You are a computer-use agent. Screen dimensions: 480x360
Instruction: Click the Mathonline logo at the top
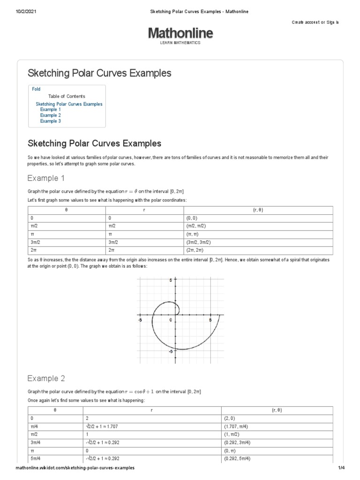coord(180,33)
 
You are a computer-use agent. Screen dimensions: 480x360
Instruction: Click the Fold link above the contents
coord(36,89)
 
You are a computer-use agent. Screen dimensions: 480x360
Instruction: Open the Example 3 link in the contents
coord(50,121)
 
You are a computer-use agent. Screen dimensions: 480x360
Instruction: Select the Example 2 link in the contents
coord(50,115)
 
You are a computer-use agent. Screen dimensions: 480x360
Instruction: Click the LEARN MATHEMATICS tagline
coord(180,43)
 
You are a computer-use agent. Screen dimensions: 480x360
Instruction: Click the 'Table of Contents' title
coord(67,97)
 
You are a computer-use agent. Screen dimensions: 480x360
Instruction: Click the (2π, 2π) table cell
coord(193,251)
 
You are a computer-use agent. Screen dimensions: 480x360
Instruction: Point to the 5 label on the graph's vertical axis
coord(171,280)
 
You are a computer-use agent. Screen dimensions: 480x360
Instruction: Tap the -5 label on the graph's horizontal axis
coord(140,320)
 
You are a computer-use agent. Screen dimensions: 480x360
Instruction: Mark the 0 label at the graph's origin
coord(171,320)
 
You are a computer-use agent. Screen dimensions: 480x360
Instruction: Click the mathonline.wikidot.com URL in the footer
coord(75,468)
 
